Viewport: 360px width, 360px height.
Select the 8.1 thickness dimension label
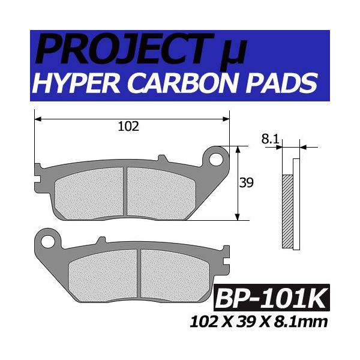269,140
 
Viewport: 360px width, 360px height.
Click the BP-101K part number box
271,298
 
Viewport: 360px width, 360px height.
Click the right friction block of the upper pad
161,191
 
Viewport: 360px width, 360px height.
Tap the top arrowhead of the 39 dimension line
239,148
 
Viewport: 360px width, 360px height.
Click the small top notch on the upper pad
161,159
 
